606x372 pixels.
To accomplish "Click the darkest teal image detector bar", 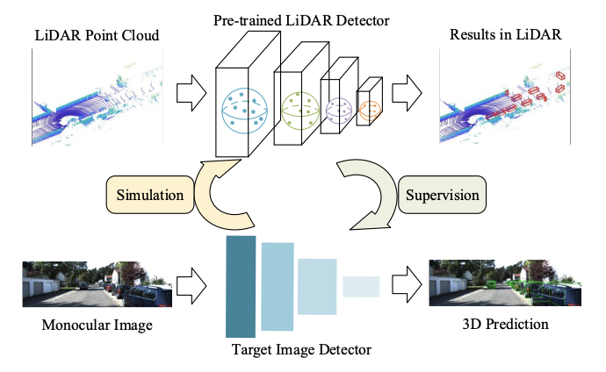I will coord(240,286).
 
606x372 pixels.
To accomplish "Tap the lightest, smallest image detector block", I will coord(361,286).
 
